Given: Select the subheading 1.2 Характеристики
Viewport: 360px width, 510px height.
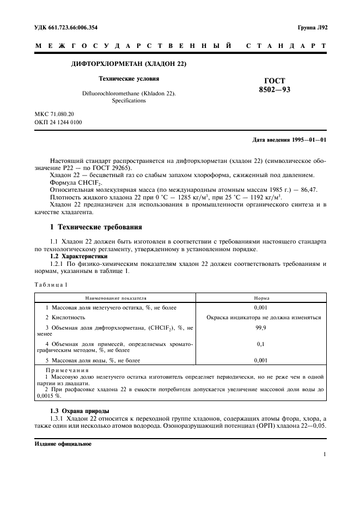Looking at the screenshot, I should pos(79,256).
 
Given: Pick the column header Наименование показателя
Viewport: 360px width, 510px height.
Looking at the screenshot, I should pos(115,298).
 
